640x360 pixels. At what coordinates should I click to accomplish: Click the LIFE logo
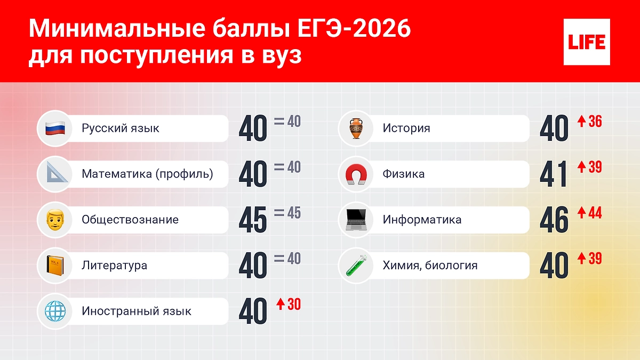(x=587, y=42)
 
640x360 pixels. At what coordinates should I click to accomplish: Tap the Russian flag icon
(x=55, y=129)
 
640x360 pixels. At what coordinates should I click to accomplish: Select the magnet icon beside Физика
(x=356, y=174)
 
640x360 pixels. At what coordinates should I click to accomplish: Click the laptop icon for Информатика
(x=356, y=220)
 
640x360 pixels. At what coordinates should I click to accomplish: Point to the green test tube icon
(x=356, y=266)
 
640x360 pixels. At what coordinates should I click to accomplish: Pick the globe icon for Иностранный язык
(x=55, y=311)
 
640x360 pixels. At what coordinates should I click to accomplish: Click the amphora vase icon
(x=356, y=129)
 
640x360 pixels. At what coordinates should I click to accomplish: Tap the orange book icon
(x=55, y=266)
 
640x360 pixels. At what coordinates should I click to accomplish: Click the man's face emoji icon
(x=55, y=220)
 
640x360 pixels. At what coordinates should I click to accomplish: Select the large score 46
(x=554, y=220)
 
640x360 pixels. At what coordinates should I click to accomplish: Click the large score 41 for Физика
(x=553, y=174)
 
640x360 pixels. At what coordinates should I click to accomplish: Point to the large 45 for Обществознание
(x=253, y=220)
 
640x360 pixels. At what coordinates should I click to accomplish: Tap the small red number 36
(x=595, y=122)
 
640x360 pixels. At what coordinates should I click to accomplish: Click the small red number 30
(x=294, y=305)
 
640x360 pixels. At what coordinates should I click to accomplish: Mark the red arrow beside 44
(x=582, y=213)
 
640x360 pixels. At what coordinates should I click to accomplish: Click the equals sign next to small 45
(x=279, y=213)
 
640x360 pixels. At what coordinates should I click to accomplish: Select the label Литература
(x=114, y=266)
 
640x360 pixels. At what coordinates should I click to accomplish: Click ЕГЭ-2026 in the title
(x=354, y=29)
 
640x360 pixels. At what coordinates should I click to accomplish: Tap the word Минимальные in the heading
(x=117, y=29)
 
